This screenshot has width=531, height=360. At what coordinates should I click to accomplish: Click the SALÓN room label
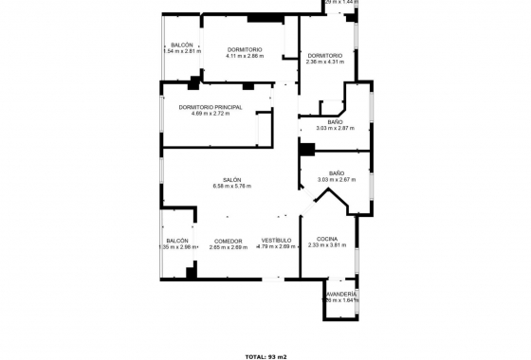pyautogui.click(x=232, y=180)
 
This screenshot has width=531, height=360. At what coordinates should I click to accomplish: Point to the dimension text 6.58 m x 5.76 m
pyautogui.click(x=232, y=187)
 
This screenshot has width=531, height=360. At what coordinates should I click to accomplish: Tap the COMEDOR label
pyautogui.click(x=229, y=241)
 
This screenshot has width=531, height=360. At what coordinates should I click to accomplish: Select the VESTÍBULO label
pyautogui.click(x=276, y=241)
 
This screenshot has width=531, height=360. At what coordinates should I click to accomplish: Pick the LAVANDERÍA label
pyautogui.click(x=341, y=295)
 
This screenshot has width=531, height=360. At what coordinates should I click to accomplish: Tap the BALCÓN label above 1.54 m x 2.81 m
pyautogui.click(x=182, y=45)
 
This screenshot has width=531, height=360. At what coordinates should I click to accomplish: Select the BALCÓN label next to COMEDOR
pyautogui.click(x=177, y=241)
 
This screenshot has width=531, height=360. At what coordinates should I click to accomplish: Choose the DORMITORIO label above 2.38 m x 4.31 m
pyautogui.click(x=324, y=55)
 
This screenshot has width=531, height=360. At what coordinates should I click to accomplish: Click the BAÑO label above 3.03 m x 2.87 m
pyautogui.click(x=336, y=121)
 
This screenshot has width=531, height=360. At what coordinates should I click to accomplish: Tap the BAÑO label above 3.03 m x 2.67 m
pyautogui.click(x=336, y=172)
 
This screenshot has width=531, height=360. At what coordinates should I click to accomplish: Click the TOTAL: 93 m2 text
pyautogui.click(x=265, y=356)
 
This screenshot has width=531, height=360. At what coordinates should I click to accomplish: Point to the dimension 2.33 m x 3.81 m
pyautogui.click(x=328, y=245)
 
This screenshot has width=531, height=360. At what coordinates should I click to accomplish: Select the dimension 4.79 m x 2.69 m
pyautogui.click(x=276, y=247)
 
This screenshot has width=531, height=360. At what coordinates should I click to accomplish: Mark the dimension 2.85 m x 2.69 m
pyautogui.click(x=229, y=247)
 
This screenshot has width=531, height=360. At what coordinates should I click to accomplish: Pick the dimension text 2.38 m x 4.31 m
pyautogui.click(x=324, y=62)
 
